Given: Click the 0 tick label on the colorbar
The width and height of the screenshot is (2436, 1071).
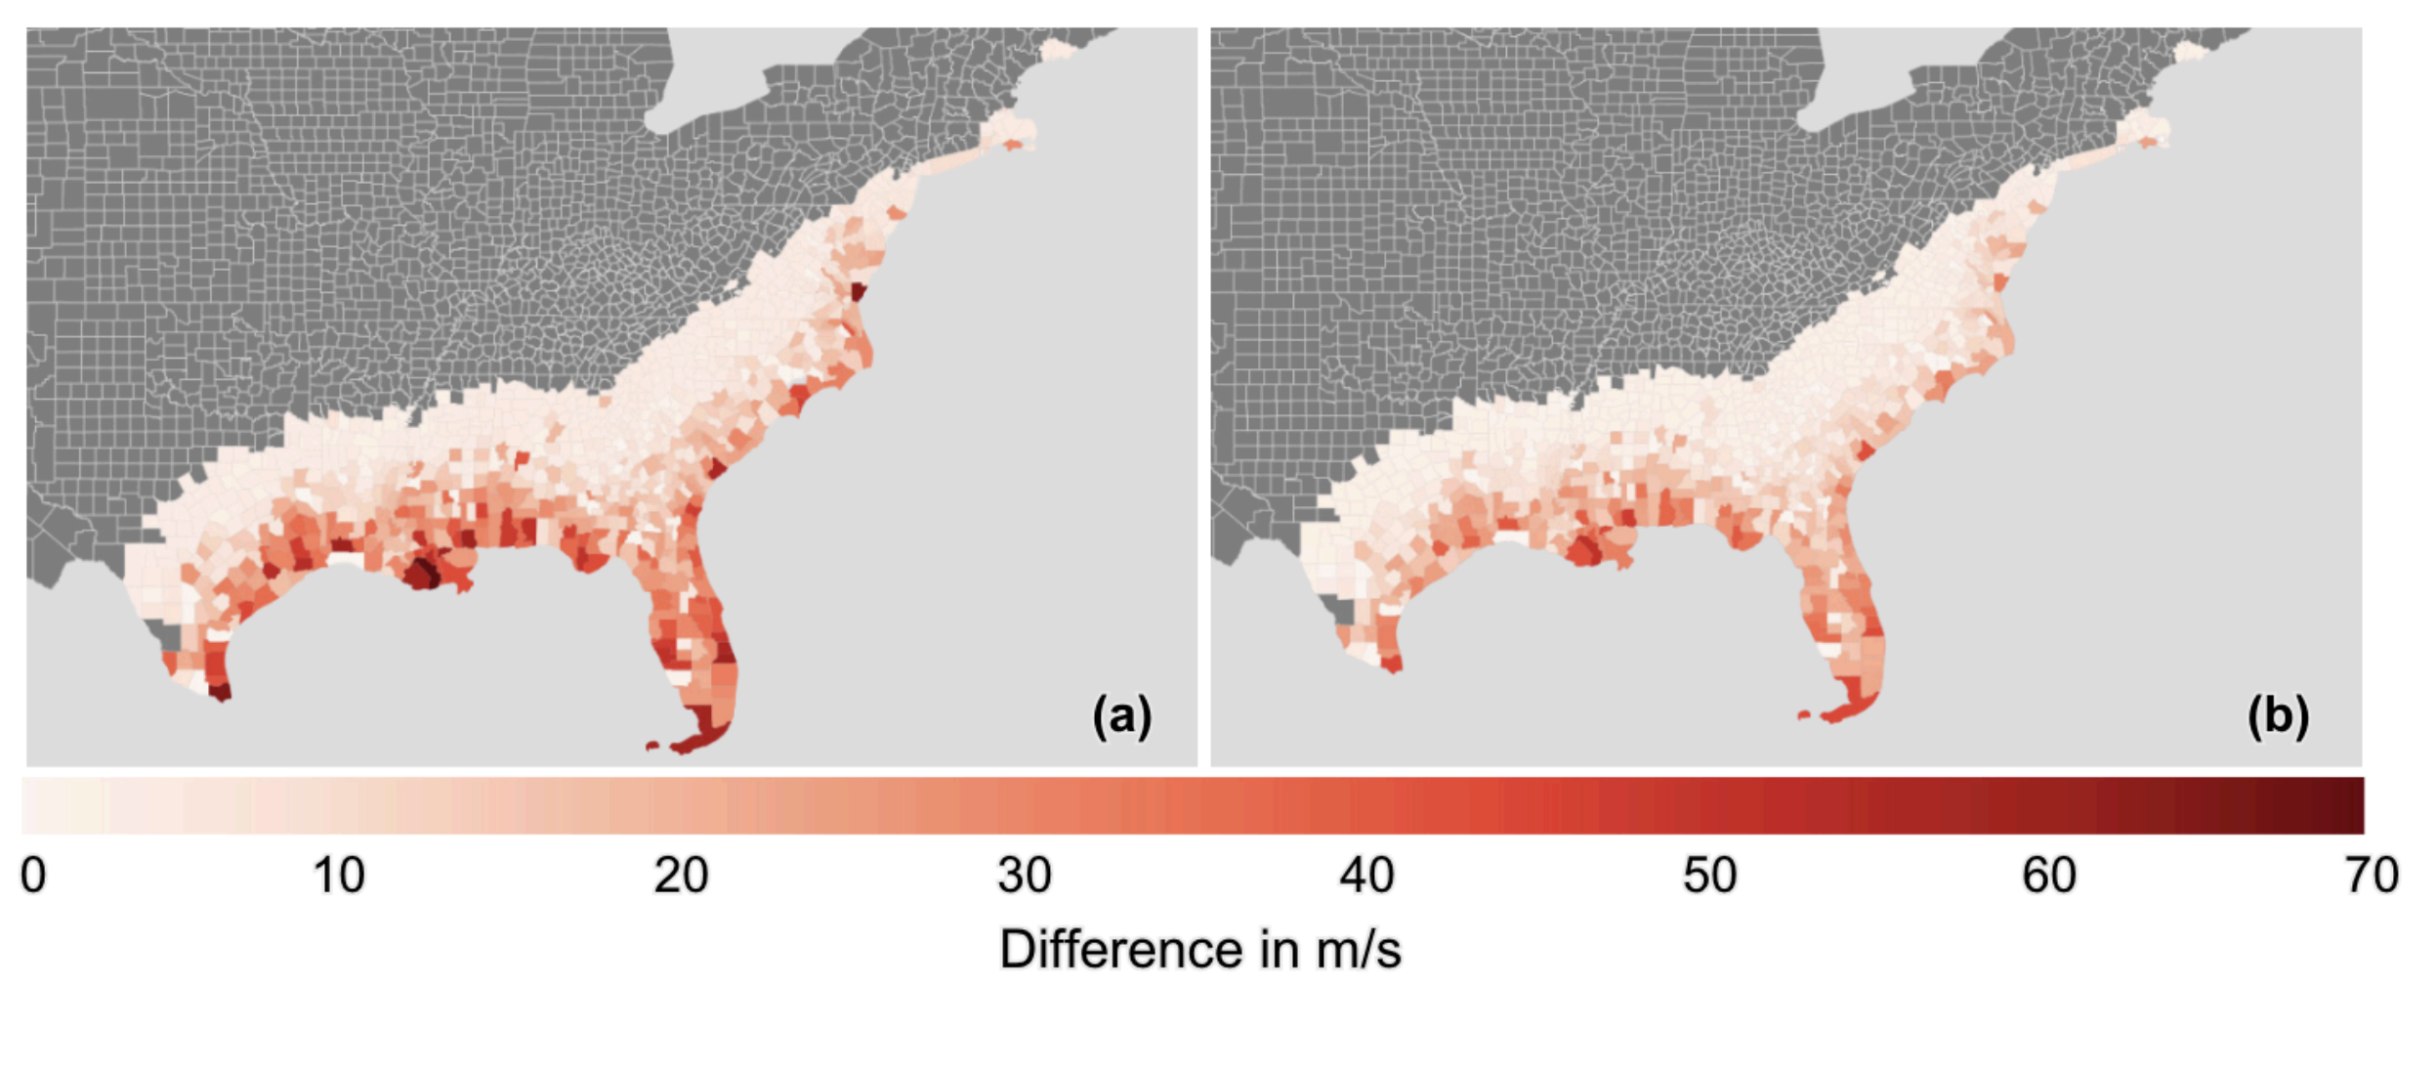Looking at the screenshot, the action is coord(33,876).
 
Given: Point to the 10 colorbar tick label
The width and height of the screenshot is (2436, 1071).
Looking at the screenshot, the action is coord(338,876).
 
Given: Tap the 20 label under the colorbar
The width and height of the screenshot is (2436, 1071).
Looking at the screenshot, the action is coord(681,876).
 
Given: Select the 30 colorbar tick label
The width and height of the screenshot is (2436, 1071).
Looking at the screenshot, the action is coord(1024,876).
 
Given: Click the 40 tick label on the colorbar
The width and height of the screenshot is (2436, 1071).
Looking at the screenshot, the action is coord(1366,876).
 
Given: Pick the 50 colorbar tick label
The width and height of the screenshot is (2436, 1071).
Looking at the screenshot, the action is coord(1709,876).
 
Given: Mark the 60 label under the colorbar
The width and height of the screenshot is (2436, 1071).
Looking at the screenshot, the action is coord(2049,876).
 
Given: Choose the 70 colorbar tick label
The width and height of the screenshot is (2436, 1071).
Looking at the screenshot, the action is coord(2372,876).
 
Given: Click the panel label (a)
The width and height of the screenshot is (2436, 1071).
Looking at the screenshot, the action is coord(1122,716).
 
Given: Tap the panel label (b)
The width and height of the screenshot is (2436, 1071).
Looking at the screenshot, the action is coord(2279,716).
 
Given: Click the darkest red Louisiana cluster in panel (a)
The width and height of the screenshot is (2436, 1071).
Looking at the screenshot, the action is coord(424,573).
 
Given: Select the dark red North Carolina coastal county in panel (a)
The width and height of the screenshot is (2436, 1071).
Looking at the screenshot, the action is coord(859,292).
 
